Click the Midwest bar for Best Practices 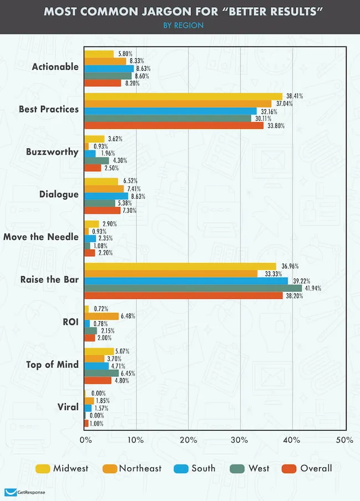(183, 96)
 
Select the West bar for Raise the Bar (193, 288)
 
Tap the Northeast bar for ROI (101, 316)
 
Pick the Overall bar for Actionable (102, 83)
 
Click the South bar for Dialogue (106, 196)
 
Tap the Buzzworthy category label (52, 151)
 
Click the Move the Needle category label (41, 237)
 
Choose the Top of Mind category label (53, 365)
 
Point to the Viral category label (68, 407)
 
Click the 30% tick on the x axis (241, 440)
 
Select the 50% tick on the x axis (344, 440)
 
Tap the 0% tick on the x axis (85, 440)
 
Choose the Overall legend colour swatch (289, 469)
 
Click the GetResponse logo (25, 492)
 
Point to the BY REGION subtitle (179, 25)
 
